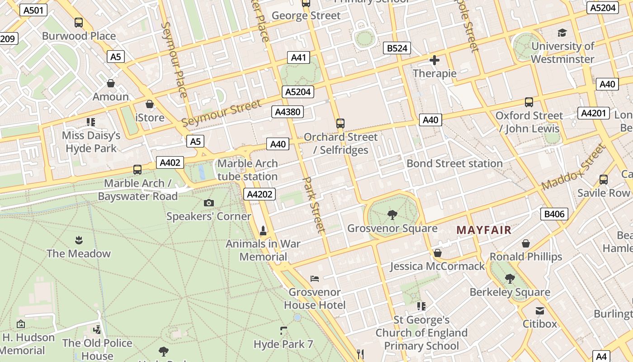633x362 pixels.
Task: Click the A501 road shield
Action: click(x=33, y=10)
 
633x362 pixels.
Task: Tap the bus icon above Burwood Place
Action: click(x=78, y=22)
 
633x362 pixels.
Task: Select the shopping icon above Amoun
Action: click(x=111, y=83)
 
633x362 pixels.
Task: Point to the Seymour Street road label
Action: click(x=222, y=113)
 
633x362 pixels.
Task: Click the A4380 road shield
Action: click(x=287, y=112)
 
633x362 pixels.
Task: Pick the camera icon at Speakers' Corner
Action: click(x=208, y=203)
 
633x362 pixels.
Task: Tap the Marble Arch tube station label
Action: click(x=247, y=170)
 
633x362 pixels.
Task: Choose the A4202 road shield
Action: click(x=260, y=195)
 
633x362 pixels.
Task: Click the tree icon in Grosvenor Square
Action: click(x=392, y=214)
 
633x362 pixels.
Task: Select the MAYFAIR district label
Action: click(x=484, y=230)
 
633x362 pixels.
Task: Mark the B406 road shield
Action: click(x=554, y=214)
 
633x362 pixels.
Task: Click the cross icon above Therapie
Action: click(x=435, y=60)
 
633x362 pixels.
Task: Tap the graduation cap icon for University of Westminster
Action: click(x=562, y=33)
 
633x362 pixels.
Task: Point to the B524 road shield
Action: click(x=397, y=48)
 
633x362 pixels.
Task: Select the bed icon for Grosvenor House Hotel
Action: click(x=315, y=278)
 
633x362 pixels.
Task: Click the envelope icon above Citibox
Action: click(x=539, y=311)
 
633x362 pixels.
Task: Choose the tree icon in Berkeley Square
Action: click(x=510, y=278)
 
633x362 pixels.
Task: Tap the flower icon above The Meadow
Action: click(x=79, y=239)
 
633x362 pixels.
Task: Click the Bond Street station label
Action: click(x=454, y=163)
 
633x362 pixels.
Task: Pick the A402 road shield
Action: click(x=170, y=162)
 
